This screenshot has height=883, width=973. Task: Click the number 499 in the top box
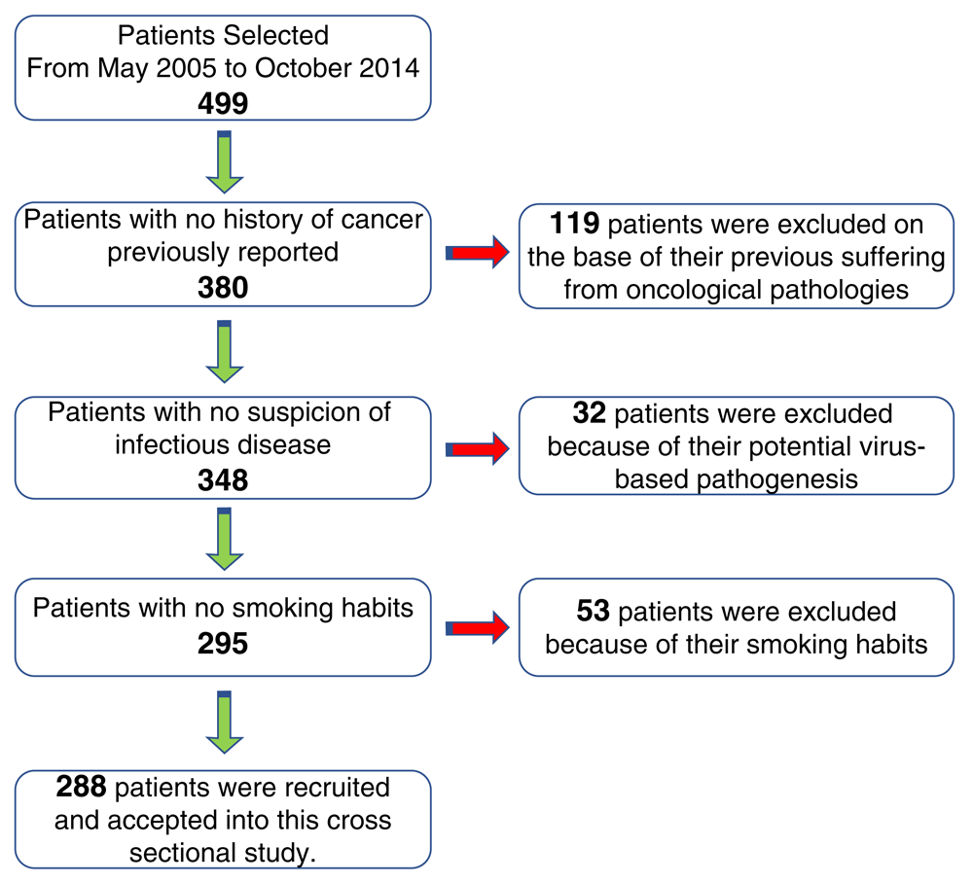[223, 103]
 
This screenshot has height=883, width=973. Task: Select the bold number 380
[223, 288]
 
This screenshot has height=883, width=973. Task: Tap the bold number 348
[223, 480]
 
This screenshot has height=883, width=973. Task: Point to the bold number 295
[223, 644]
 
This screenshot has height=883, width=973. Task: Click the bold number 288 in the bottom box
[82, 787]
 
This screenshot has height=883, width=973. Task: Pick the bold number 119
[575, 224]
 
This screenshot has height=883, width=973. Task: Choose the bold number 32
[589, 413]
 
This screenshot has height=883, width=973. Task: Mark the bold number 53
[594, 611]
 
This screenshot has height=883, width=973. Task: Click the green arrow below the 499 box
[225, 161]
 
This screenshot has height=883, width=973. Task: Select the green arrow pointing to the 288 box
[225, 722]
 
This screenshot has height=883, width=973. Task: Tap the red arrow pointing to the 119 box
[477, 253]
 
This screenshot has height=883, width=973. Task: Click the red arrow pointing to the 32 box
[477, 449]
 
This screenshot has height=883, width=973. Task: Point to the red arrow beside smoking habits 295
[477, 627]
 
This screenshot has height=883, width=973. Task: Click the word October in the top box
[303, 68]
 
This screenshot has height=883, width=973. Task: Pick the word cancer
[382, 220]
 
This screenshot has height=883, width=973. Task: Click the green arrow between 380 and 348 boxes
[225, 352]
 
